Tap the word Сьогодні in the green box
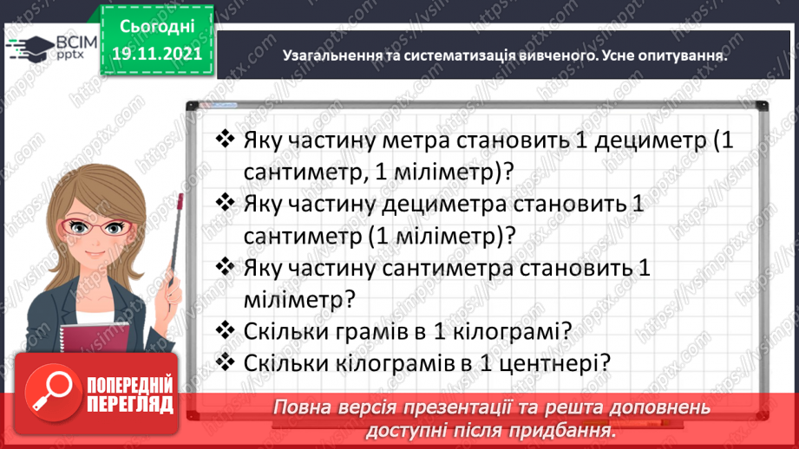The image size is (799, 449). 156,28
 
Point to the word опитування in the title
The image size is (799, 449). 678,54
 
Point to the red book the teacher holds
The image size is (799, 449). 93,342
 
